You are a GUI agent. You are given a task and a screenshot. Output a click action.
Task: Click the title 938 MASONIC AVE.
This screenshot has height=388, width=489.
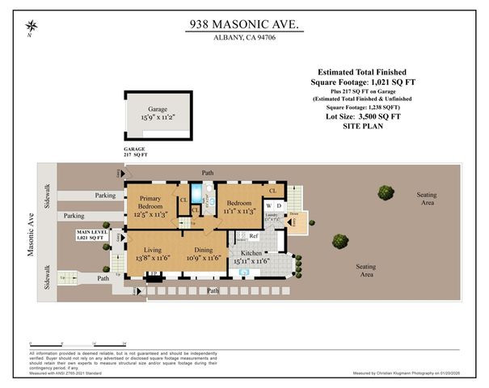pos(243,25)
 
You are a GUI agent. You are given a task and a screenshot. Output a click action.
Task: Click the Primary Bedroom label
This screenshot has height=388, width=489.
pos(152,203)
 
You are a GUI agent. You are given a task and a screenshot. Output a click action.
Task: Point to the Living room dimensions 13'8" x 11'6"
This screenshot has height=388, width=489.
pos(151,259)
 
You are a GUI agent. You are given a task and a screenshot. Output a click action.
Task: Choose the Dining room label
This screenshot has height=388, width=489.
pos(204,250)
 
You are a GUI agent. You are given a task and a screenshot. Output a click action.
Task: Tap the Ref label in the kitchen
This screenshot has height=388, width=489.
pos(253,236)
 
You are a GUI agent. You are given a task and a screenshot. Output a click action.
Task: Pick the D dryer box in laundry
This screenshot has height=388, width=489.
pos(279,205)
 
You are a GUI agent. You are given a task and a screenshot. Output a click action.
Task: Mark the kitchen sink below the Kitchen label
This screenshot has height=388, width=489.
pos(245,273)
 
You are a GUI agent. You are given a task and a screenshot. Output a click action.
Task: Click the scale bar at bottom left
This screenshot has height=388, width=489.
pos(76,343)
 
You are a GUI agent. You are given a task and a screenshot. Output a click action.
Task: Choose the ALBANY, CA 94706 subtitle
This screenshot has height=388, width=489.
pos(243,38)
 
